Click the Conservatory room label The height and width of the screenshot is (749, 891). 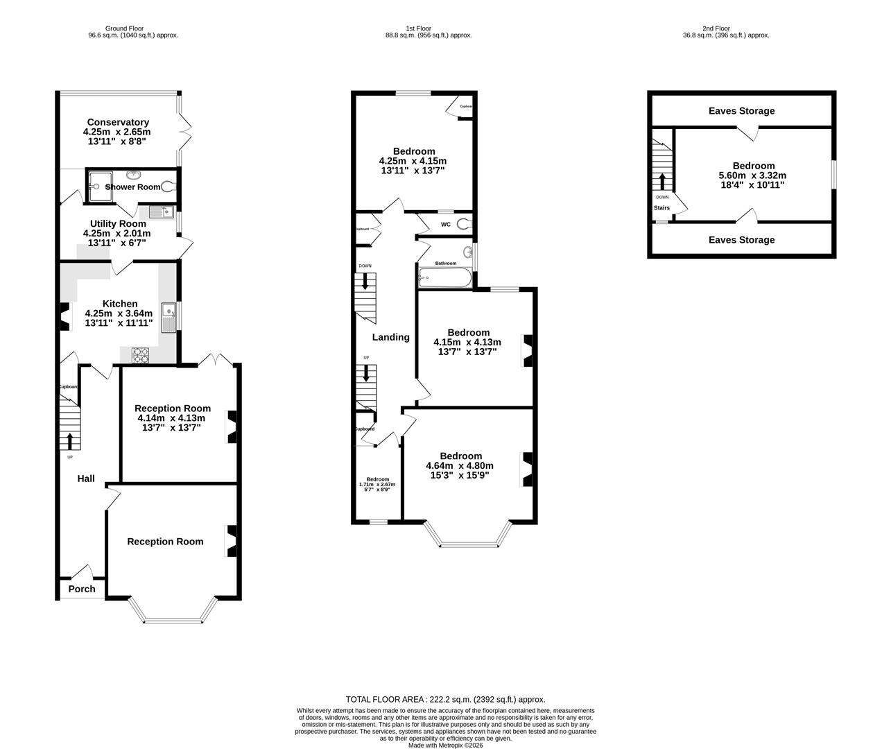pos(118,122)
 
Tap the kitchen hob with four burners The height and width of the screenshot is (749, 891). pos(141,354)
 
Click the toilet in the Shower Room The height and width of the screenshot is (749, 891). pos(167,186)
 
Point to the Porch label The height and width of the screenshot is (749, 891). pos(82,589)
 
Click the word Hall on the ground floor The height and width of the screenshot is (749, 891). pos(86,479)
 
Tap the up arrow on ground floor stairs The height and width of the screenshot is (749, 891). pos(69,440)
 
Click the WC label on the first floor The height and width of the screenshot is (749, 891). pos(446,224)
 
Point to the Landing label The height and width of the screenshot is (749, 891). pos(391,337)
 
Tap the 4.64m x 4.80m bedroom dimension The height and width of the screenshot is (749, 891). pos(460,466)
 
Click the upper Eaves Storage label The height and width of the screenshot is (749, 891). pos(741,111)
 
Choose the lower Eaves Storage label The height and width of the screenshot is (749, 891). pos(741,240)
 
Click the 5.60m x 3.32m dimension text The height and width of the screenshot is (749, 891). pos(753,175)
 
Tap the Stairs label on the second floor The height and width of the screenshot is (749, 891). pos(661,207)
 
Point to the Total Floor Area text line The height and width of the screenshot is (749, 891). pos(445,699)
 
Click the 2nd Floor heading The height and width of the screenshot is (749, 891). pos(716,28)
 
